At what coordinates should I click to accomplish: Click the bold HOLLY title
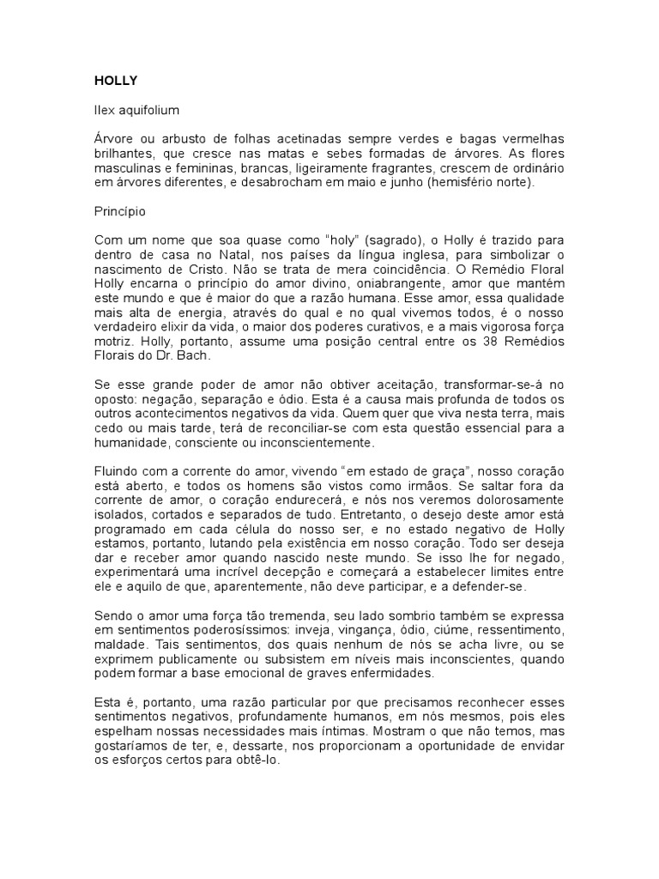click(x=115, y=81)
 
